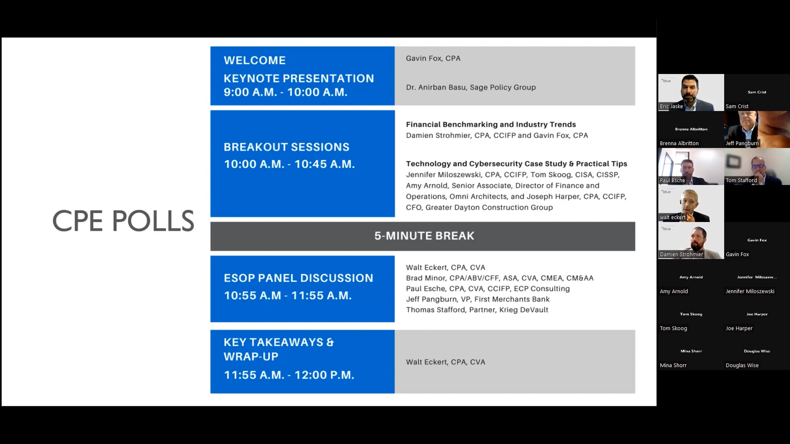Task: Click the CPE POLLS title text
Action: (x=123, y=220)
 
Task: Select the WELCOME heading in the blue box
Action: (x=255, y=60)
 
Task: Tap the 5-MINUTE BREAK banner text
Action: (x=424, y=236)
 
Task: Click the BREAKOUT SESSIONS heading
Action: (x=286, y=147)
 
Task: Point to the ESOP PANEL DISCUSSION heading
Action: (x=299, y=278)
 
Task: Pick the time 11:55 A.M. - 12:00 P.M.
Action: (x=289, y=375)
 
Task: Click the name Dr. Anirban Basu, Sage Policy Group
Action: (x=471, y=87)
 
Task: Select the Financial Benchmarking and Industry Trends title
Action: (x=491, y=124)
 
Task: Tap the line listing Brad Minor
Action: (x=500, y=278)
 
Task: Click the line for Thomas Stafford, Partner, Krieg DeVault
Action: (x=477, y=310)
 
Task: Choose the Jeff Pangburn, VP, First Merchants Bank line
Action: (x=478, y=299)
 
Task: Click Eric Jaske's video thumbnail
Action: (x=691, y=92)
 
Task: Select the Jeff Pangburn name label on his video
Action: (x=742, y=143)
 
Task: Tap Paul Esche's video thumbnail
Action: (x=691, y=166)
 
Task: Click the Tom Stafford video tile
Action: (x=757, y=166)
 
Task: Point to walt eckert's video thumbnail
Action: (x=691, y=204)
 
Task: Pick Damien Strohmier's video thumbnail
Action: (x=691, y=240)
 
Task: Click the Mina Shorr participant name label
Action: (x=673, y=365)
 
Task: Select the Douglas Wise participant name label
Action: (x=742, y=365)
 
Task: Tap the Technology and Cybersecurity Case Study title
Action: (x=516, y=164)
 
